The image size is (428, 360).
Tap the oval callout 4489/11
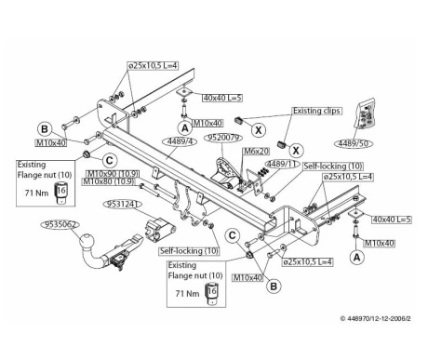(282, 164)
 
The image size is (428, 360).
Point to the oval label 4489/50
(354, 143)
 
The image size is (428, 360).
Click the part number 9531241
(122, 204)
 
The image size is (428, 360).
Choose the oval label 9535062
(60, 224)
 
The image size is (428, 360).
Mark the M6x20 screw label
(256, 152)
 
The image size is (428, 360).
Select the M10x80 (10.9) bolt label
(109, 181)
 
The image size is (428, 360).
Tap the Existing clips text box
(316, 111)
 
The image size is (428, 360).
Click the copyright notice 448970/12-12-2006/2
(376, 318)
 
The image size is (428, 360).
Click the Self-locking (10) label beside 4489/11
(333, 167)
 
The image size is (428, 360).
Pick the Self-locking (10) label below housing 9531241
(189, 251)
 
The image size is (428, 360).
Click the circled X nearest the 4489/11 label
(296, 151)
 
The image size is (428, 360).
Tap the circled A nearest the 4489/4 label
(185, 128)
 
